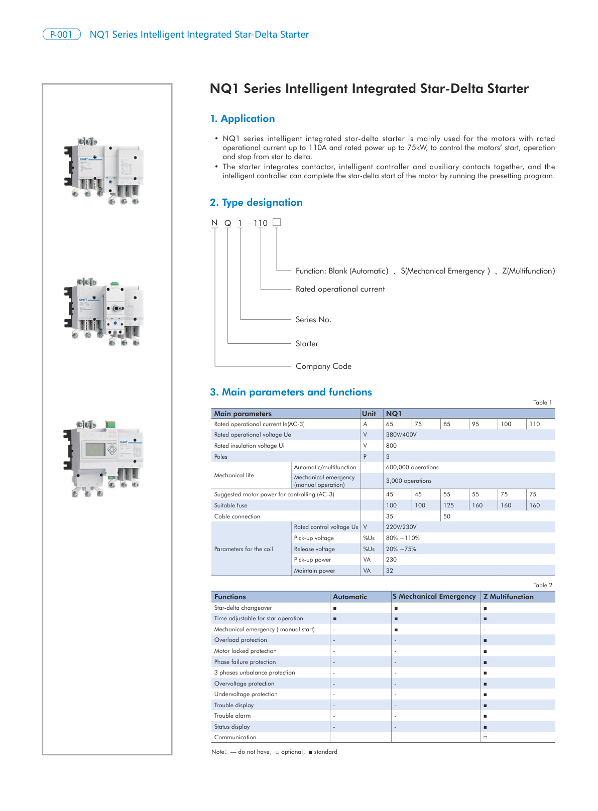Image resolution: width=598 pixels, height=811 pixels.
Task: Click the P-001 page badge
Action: (61, 35)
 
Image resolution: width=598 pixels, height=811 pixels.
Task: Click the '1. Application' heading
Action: (243, 119)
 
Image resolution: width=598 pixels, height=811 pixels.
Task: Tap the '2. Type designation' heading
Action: (256, 203)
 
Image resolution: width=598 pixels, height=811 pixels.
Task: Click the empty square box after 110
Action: (276, 222)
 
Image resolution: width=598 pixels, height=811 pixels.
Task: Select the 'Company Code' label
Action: (323, 366)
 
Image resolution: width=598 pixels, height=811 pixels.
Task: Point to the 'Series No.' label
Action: (313, 320)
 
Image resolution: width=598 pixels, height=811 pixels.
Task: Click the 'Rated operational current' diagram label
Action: (340, 289)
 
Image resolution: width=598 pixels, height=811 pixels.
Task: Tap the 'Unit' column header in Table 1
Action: (369, 414)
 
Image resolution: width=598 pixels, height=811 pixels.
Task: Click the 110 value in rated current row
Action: (534, 424)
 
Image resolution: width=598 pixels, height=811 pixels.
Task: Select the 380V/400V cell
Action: (401, 435)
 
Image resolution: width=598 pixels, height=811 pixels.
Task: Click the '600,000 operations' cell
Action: (412, 467)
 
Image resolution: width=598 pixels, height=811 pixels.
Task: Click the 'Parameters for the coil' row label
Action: (244, 549)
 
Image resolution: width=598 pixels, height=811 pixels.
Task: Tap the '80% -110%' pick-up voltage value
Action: (403, 538)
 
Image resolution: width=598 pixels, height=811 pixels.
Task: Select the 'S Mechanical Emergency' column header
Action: (434, 596)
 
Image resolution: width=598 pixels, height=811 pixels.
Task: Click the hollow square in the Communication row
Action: (485, 738)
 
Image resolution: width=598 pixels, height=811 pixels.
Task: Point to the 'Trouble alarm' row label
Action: (232, 716)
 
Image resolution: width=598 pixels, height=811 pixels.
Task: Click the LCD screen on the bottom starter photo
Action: (95, 449)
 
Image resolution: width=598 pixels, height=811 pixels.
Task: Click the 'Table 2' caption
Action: (542, 585)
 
